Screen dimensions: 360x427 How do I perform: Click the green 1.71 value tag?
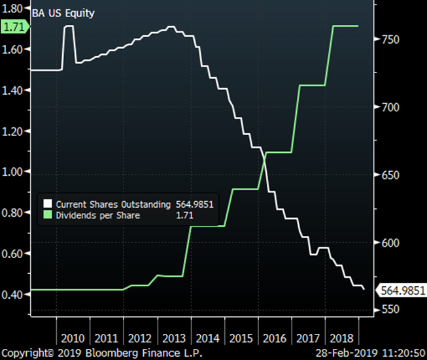click(13, 27)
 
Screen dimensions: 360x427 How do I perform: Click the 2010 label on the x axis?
click(73, 338)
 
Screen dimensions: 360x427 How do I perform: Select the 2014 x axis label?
click(207, 338)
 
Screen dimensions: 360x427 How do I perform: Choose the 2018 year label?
click(341, 338)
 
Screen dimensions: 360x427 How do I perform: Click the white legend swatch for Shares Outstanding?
click(48, 203)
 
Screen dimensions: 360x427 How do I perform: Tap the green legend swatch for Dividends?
click(48, 214)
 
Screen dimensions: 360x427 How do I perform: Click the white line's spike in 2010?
click(68, 27)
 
